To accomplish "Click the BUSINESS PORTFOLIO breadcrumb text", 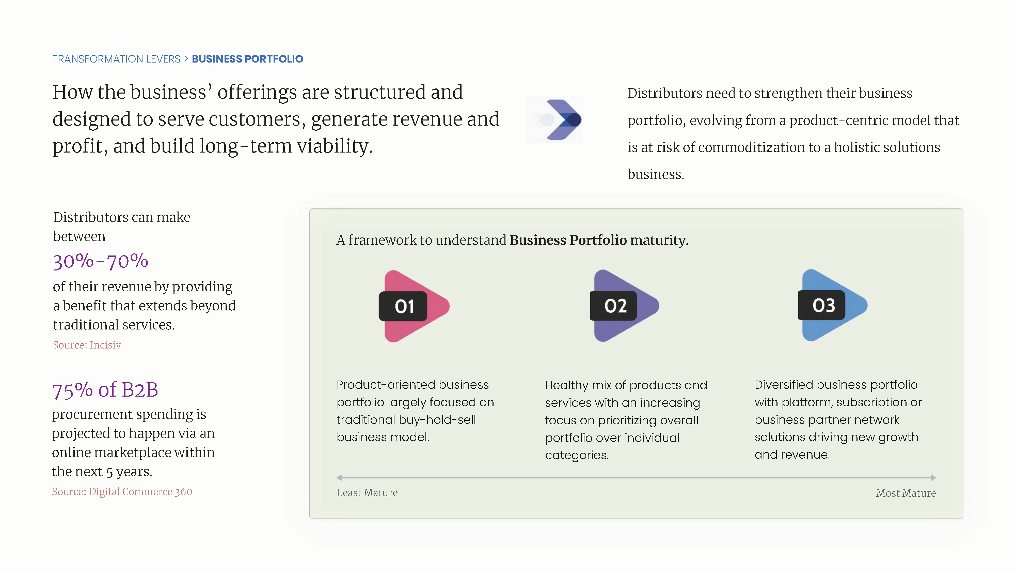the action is click(247, 59).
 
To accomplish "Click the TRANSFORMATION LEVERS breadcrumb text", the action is click(116, 59).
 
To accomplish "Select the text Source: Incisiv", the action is click(87, 345).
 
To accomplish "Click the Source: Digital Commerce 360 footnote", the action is click(122, 492).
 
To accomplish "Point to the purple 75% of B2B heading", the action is click(105, 390).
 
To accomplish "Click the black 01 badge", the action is click(403, 306).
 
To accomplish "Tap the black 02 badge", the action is click(614, 306).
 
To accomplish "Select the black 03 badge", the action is click(822, 305).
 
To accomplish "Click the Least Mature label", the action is click(367, 493).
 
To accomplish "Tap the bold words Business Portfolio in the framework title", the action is click(568, 240).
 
